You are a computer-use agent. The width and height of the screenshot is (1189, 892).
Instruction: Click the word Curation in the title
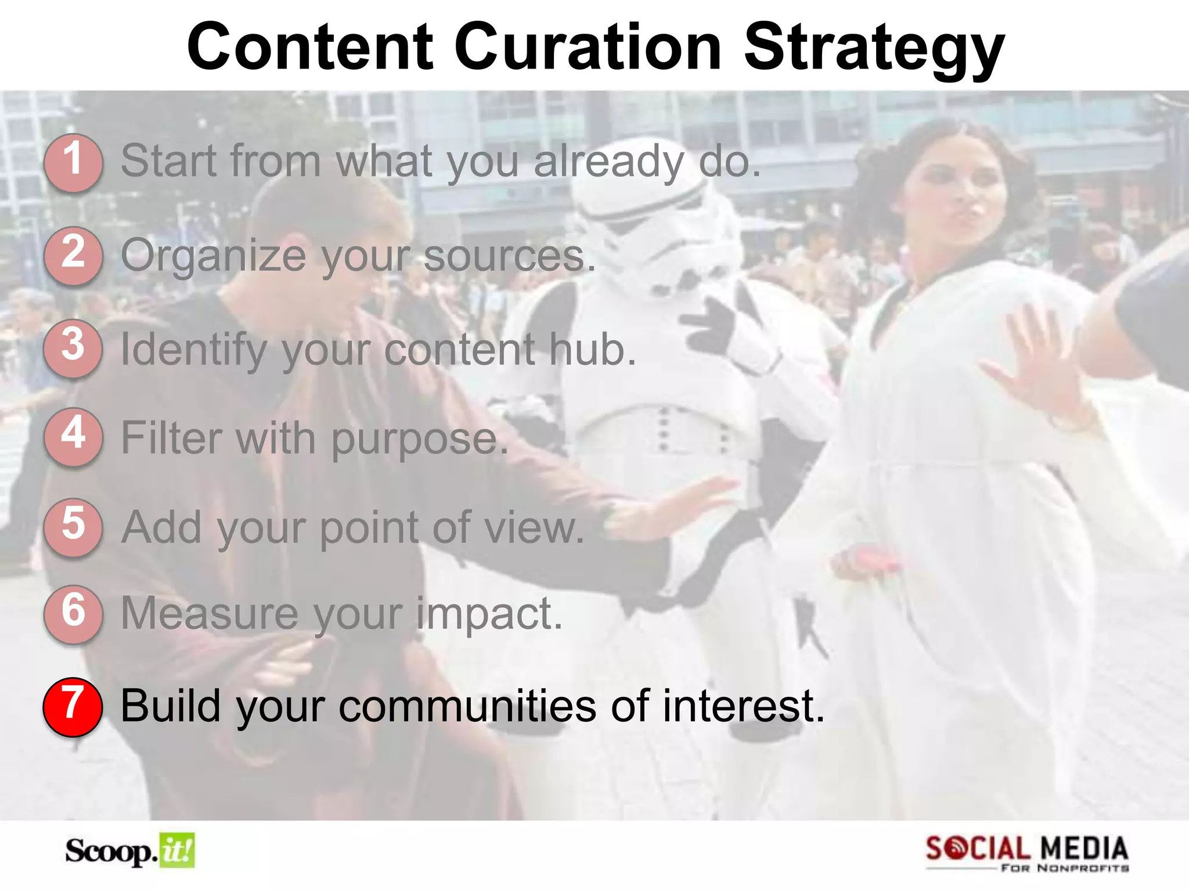click(588, 46)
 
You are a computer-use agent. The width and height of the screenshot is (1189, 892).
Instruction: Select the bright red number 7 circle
click(73, 707)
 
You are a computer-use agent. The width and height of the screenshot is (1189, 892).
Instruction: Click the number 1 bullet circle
click(73, 162)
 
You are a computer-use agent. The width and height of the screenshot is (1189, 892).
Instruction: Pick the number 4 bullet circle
click(73, 437)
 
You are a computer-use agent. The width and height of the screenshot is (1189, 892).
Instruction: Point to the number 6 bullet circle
click(73, 614)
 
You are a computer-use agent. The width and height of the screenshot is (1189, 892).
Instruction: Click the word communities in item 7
click(467, 706)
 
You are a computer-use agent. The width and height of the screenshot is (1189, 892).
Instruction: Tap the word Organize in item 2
click(213, 256)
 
